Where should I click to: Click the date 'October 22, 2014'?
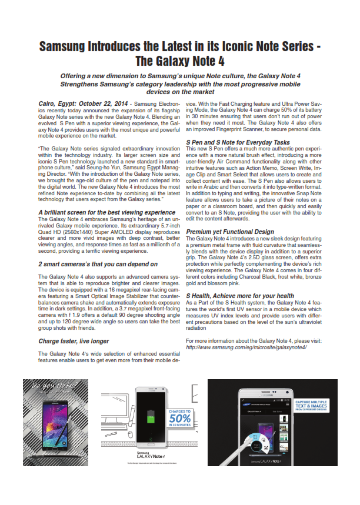(x=101, y=103)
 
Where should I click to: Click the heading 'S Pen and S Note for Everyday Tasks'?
(x=237, y=142)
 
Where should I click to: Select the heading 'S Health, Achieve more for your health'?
(x=239, y=296)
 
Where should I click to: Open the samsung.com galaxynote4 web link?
(x=246, y=347)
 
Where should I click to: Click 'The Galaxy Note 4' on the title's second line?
(x=179, y=61)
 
